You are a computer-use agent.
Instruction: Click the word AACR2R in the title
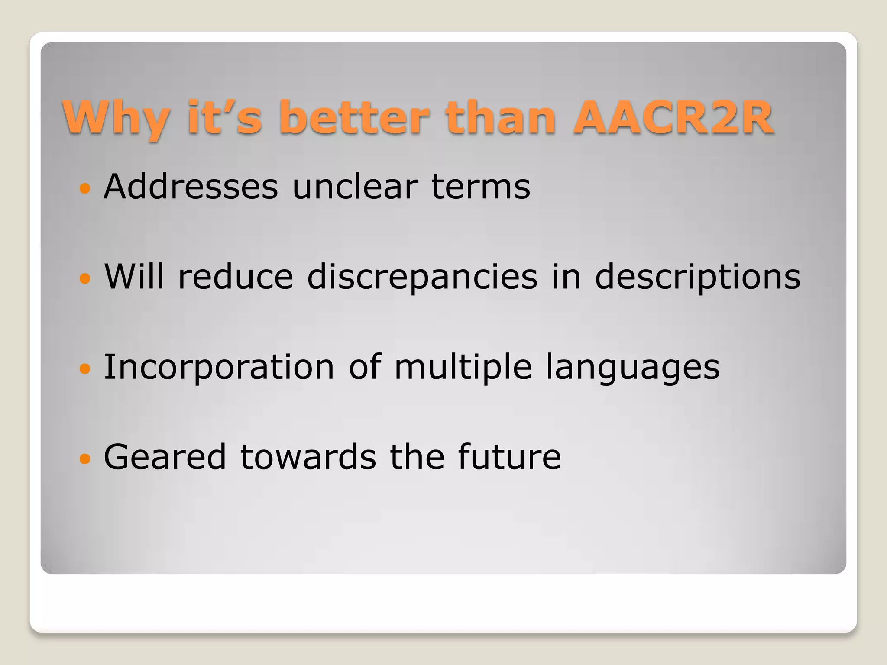[x=673, y=118]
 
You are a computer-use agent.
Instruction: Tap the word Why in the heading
[x=116, y=118]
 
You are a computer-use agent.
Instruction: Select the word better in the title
[x=355, y=118]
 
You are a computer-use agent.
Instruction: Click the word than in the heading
[x=501, y=118]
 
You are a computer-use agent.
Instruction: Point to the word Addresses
[x=191, y=187]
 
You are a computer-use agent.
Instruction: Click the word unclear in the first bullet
[x=355, y=187]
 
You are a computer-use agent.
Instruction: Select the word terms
[x=481, y=187]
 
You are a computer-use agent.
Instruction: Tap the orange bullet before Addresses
[x=85, y=188]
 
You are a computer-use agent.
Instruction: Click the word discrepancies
[x=422, y=277]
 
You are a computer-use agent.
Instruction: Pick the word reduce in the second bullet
[x=236, y=277]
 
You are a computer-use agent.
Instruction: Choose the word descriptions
[x=697, y=277]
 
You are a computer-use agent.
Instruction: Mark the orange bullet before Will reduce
[x=85, y=278]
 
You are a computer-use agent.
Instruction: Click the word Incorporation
[x=219, y=367]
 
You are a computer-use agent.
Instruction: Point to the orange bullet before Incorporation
[x=85, y=368]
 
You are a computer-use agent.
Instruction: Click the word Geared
[x=165, y=457]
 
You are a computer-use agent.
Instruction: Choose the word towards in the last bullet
[x=308, y=457]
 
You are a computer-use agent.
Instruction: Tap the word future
[x=509, y=457]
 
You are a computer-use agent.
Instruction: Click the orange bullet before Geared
[x=85, y=458]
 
